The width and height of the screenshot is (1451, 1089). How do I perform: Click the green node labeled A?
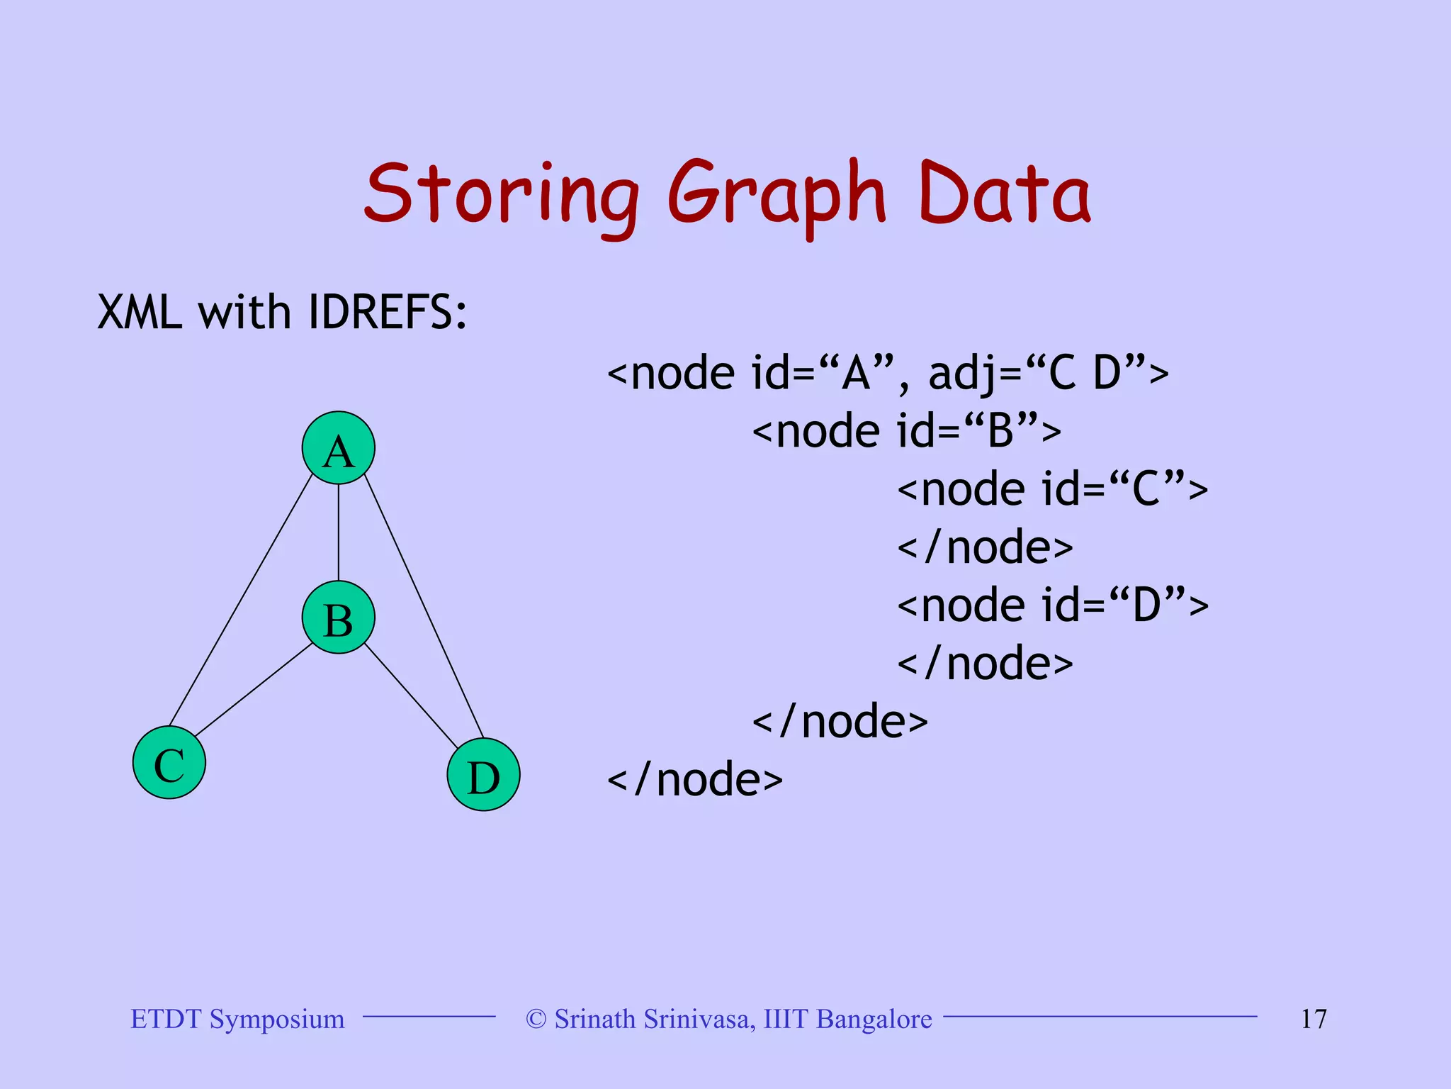point(338,448)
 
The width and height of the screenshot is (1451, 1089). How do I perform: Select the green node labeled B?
point(338,618)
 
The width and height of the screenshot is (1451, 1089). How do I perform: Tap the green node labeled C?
point(169,763)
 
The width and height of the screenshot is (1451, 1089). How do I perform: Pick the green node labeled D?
point(483,774)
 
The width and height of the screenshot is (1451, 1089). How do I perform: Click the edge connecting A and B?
point(338,532)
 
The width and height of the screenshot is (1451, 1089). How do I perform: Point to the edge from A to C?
point(241,600)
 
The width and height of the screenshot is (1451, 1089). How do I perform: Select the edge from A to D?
point(424,607)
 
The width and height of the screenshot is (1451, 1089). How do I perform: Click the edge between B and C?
point(254,690)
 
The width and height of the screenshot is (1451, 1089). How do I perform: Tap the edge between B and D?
point(411,696)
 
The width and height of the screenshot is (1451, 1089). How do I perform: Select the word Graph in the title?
point(776,196)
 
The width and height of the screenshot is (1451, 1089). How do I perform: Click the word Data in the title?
point(1004,193)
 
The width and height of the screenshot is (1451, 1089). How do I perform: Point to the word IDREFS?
point(388,312)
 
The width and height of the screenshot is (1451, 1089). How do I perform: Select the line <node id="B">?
point(906,431)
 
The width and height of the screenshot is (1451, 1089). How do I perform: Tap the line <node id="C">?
point(1052,489)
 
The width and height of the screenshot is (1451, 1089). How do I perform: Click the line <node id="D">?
point(1052,605)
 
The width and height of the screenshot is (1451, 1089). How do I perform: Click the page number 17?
point(1313,1019)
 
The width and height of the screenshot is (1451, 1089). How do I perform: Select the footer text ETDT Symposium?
point(237,1019)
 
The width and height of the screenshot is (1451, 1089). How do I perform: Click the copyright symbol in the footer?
point(536,1020)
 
